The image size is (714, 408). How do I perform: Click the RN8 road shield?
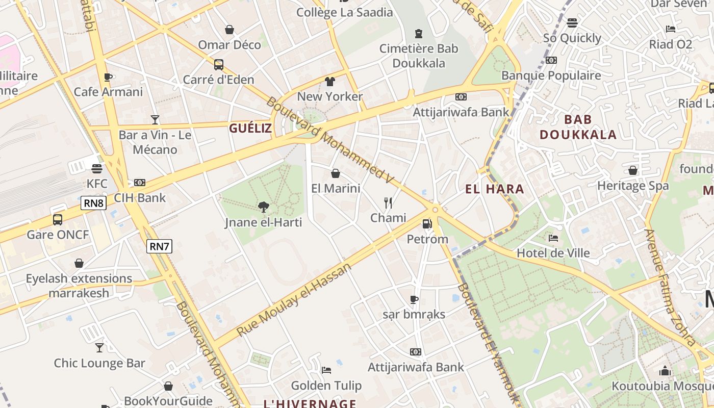(94, 203)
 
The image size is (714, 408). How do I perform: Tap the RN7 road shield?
(160, 246)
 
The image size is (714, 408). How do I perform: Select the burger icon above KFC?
(97, 168)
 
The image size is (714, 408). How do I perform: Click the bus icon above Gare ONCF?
(58, 220)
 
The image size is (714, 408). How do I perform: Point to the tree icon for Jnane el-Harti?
(264, 207)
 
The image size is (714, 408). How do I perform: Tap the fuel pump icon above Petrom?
(427, 223)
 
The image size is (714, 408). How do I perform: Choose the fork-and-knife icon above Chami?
(388, 203)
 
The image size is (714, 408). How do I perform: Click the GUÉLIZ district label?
(250, 128)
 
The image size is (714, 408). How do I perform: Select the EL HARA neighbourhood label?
(495, 189)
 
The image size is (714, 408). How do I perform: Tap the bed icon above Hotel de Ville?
(553, 238)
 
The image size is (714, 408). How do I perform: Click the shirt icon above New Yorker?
(329, 82)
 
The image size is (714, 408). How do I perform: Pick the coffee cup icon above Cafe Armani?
(108, 77)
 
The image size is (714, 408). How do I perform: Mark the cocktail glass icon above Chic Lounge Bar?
(99, 348)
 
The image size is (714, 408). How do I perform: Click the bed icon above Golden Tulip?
(326, 370)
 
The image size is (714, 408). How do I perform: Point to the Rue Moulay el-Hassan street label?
(294, 300)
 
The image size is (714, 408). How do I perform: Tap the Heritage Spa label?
(632, 186)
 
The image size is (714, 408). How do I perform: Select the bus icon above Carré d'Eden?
(218, 65)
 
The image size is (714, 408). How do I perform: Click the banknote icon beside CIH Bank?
(139, 183)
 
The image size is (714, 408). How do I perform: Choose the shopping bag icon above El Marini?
(336, 173)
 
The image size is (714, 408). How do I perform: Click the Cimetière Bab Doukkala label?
(419, 56)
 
